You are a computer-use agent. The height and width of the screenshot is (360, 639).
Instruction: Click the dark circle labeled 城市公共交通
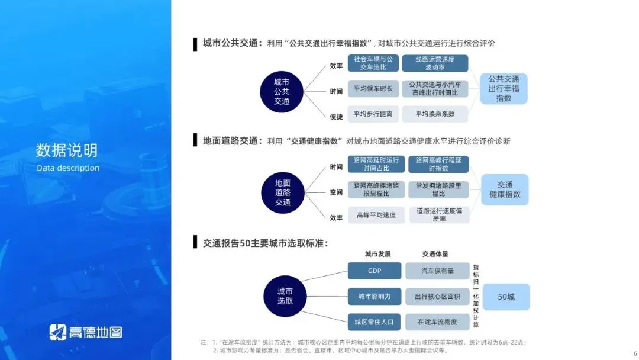282,91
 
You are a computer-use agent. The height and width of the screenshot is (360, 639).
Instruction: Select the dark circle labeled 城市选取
285,295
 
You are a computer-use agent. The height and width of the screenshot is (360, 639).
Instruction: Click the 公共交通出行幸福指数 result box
504,89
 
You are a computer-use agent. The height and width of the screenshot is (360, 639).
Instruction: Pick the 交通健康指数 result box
505,189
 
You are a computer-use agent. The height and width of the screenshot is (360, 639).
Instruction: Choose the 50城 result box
506,297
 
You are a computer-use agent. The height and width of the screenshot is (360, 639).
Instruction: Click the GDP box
374,271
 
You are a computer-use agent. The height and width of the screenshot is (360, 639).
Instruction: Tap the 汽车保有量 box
437,271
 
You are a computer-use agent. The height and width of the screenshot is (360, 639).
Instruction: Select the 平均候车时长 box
373,89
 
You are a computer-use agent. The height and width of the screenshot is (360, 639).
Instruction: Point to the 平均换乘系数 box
435,114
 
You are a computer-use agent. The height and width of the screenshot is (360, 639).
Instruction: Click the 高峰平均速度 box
376,215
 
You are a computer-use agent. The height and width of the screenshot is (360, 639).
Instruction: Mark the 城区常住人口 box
374,322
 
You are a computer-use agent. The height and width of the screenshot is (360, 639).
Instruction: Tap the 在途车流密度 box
437,322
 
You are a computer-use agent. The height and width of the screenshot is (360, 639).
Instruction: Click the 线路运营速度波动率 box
435,63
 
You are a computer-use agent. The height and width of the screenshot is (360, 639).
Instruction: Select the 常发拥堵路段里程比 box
438,189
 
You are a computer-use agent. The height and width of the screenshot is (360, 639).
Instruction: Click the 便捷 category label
336,117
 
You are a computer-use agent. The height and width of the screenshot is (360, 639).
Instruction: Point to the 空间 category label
336,192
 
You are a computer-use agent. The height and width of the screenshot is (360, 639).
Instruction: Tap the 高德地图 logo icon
57,332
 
